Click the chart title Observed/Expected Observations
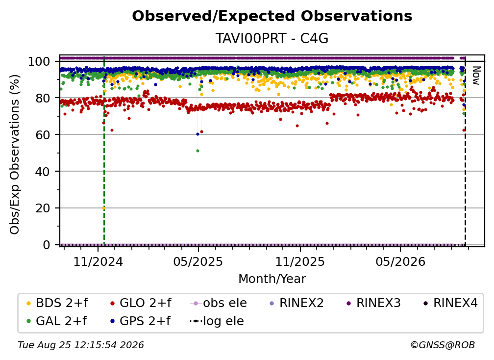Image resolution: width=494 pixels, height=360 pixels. coord(272,16)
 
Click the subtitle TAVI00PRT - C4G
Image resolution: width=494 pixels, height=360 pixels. coord(272,38)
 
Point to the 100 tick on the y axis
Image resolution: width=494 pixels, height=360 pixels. coord(39,61)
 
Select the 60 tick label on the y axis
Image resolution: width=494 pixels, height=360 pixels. coord(43,134)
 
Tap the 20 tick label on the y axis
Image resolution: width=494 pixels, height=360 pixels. coord(43,208)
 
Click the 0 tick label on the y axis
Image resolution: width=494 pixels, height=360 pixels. coord(47,245)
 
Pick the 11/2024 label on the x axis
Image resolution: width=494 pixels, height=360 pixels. coord(98,261)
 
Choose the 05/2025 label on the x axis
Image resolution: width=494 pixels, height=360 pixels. coord(198,261)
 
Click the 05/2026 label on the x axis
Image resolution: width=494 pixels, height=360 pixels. coord(400,261)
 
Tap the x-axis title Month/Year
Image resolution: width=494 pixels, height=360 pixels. coord(272,279)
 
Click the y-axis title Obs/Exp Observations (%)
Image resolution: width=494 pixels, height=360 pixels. coord(15,154)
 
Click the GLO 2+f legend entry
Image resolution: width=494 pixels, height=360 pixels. coord(141,303)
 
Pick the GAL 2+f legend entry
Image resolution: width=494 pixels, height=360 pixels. coord(56,321)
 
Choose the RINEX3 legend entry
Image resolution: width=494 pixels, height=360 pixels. coord(373,303)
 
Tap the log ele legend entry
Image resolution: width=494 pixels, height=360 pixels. coord(217,321)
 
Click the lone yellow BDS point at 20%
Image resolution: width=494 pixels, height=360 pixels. coord(103,208)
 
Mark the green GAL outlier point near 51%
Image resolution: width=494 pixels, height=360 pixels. coord(198,151)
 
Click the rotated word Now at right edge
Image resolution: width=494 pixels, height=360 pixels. coord(476,76)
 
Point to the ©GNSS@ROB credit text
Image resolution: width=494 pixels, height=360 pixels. coord(443,345)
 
